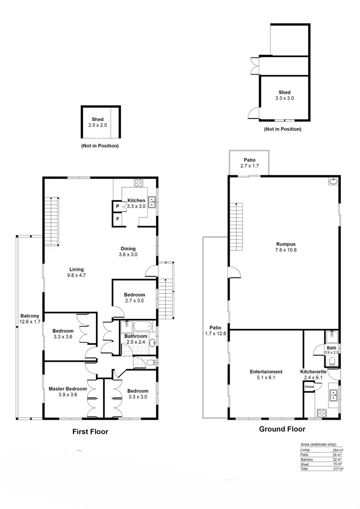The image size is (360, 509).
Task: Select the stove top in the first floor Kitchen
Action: click(139, 183)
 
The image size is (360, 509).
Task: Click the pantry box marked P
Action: click(117, 206)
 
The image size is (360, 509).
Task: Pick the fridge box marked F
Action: click(117, 220)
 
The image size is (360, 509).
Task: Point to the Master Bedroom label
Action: click(68, 392)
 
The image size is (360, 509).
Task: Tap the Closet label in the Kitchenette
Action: click(310, 386)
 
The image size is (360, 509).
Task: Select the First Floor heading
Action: click(90, 432)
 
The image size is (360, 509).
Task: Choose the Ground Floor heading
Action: click(282, 429)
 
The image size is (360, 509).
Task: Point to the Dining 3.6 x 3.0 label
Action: click(128, 252)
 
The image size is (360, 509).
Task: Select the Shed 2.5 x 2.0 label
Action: click(97, 122)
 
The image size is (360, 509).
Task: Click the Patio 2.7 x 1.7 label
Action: click(249, 163)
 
